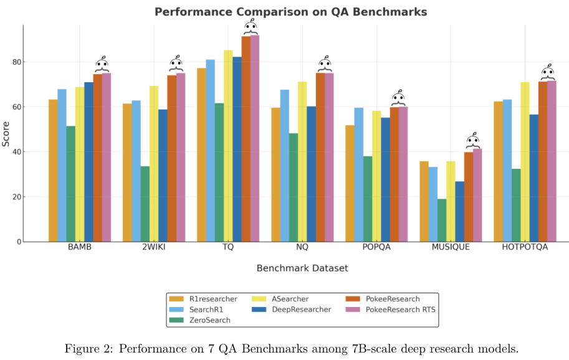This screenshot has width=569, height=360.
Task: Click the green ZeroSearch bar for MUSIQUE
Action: pyautogui.click(x=442, y=220)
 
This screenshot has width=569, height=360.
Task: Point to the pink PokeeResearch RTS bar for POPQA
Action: pyautogui.click(x=403, y=174)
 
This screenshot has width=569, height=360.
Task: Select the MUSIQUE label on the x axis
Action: pyautogui.click(x=451, y=247)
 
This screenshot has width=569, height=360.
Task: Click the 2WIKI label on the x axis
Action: pyautogui.click(x=154, y=247)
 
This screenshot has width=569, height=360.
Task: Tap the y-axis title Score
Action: pyautogui.click(x=6, y=133)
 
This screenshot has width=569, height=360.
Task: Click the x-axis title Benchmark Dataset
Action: pyautogui.click(x=302, y=268)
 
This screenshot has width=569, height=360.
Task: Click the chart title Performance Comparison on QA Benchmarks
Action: pyautogui.click(x=290, y=12)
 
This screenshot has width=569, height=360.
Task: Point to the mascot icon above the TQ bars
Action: pyautogui.click(x=251, y=27)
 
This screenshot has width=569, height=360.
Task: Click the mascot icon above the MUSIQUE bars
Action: pyautogui.click(x=473, y=140)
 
